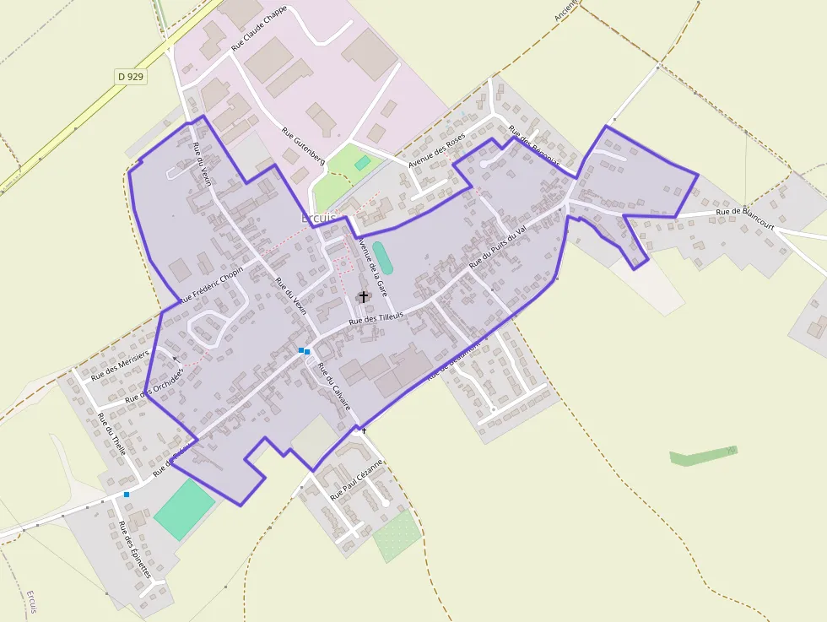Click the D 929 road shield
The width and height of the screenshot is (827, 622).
131,77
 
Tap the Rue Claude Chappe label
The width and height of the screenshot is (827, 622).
259,28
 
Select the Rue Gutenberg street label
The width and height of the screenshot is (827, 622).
303,145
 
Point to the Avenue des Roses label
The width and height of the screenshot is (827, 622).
436,150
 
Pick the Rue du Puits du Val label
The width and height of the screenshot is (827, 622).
497,247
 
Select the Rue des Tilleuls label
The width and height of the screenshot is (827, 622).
376,318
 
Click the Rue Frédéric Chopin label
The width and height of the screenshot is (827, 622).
211,284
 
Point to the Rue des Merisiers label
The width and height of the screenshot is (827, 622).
120,364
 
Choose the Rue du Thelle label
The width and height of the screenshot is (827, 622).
112,435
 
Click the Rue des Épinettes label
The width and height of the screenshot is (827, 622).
134,549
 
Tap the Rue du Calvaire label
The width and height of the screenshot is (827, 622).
334,387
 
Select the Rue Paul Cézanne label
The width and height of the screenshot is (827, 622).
357,480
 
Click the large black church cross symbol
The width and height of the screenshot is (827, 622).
364,296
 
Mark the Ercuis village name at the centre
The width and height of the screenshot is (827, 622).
318,218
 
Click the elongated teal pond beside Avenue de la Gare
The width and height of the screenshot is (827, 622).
381,257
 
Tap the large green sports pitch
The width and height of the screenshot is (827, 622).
184,509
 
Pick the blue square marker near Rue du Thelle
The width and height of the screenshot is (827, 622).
127,494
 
